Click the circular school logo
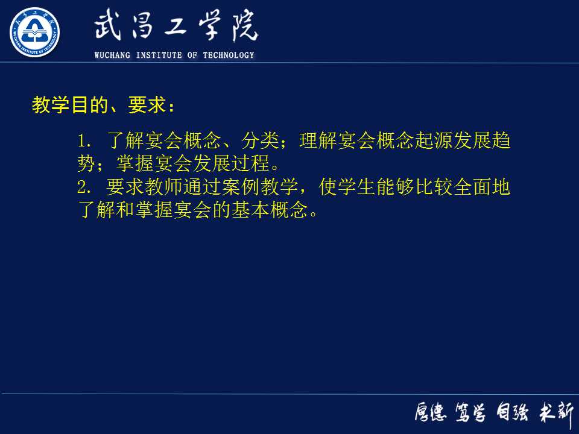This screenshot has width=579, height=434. point(34,32)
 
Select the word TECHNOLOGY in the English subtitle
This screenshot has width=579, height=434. point(229,55)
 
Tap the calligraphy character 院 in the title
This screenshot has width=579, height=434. point(242,27)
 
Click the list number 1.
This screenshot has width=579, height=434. point(84,142)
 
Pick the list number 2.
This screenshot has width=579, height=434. point(84,188)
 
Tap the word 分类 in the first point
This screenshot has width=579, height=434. point(259,142)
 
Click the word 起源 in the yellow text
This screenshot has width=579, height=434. point(433,142)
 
